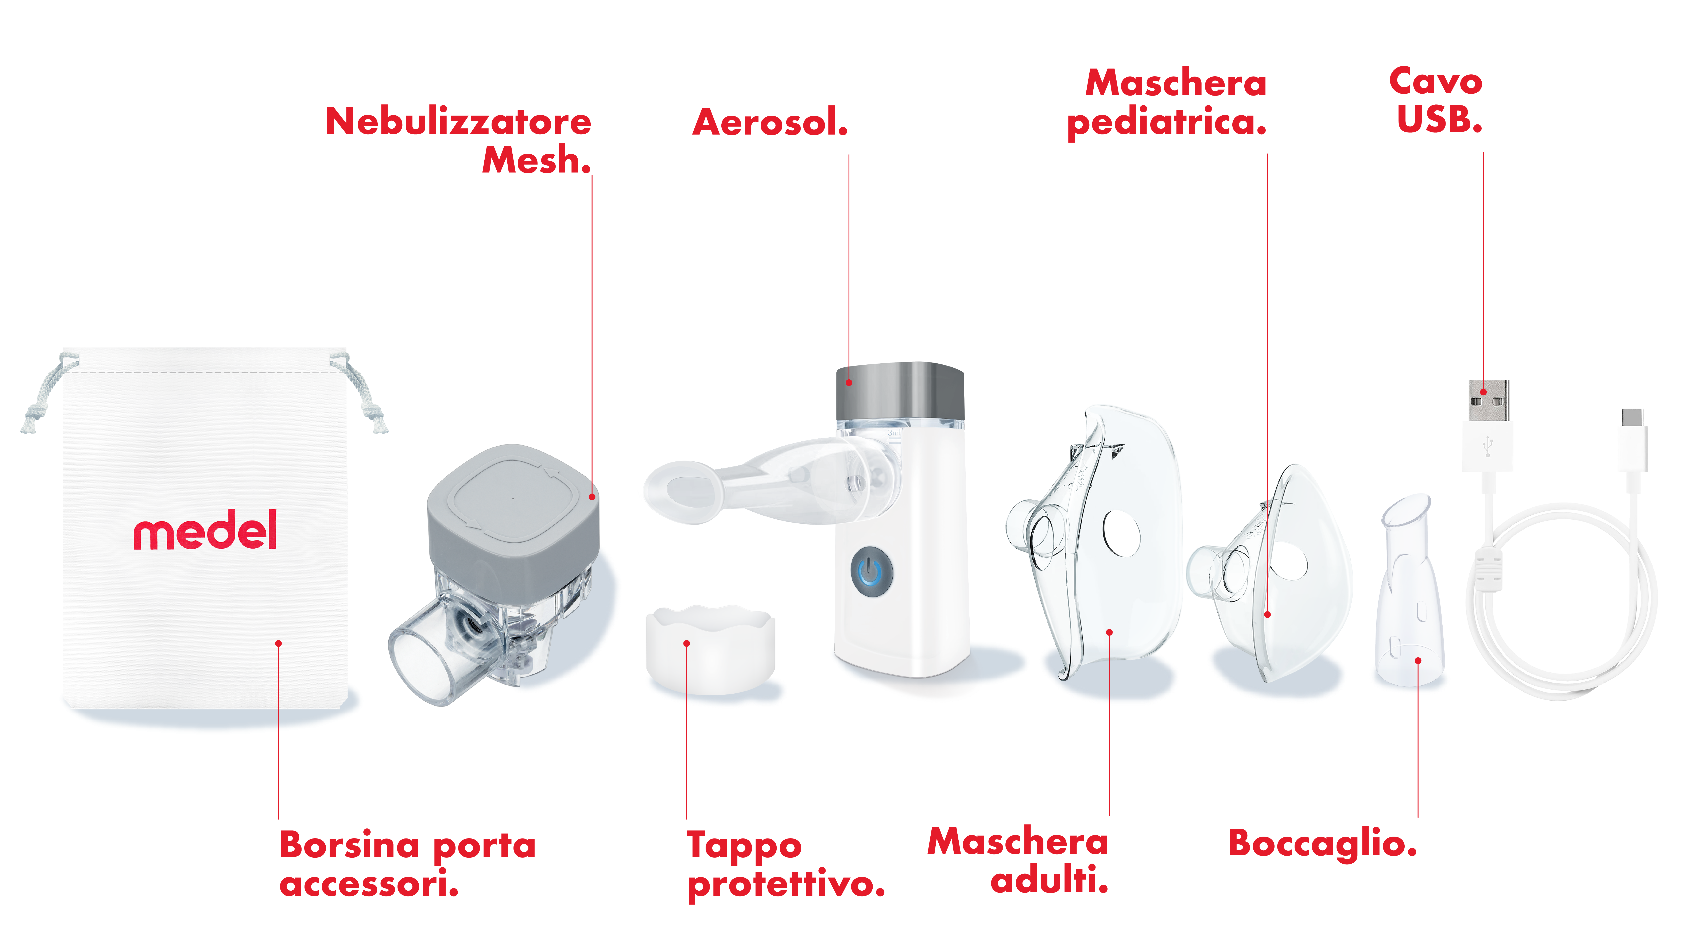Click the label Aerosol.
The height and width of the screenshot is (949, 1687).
click(770, 123)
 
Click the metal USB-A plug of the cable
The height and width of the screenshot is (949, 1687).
click(1489, 401)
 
